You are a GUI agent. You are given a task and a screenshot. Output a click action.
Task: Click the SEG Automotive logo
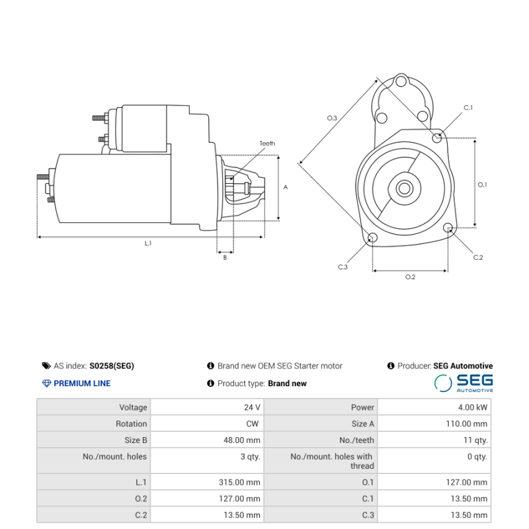[x=464, y=383]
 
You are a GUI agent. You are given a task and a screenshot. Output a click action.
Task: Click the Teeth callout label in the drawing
[x=267, y=143]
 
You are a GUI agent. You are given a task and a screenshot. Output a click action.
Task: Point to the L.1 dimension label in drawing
[x=148, y=243]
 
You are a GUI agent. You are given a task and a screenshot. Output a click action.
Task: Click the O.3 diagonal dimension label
[x=332, y=118]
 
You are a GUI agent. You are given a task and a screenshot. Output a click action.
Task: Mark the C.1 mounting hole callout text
[x=468, y=107]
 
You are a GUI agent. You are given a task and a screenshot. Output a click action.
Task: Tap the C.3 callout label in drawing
[x=343, y=267]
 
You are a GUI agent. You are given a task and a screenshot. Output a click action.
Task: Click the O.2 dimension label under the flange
[x=410, y=276]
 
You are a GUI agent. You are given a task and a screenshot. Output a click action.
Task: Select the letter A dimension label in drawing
[x=286, y=187]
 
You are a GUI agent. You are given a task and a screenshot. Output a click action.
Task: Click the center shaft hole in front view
[x=404, y=188]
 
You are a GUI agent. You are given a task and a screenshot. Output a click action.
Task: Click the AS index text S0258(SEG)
[x=111, y=366]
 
